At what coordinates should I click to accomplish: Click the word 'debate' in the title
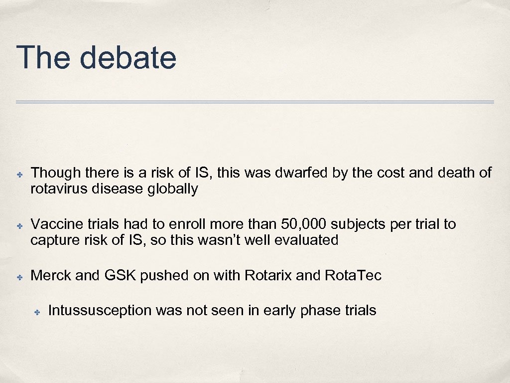point(128,57)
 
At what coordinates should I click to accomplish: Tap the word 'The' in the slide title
point(44,57)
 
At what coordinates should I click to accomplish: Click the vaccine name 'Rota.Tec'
point(353,275)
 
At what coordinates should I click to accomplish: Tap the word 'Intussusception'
point(100,310)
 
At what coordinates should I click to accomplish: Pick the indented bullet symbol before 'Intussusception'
point(37,312)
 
